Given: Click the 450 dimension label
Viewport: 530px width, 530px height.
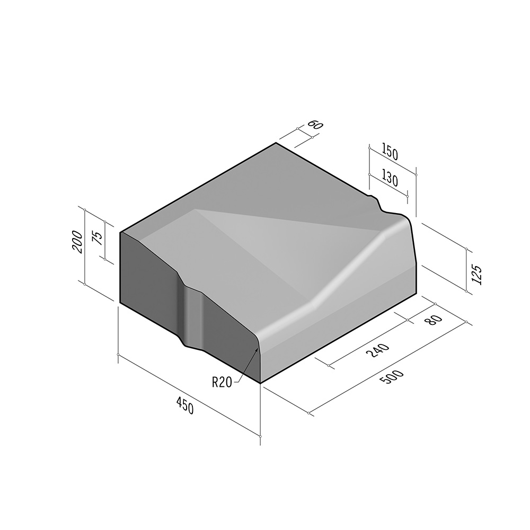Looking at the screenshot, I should pos(184,407).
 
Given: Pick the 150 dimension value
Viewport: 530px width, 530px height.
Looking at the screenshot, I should pos(389,153).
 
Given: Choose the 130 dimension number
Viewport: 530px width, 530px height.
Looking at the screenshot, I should pos(389,179).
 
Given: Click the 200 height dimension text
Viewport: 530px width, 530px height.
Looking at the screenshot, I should pos(77,242).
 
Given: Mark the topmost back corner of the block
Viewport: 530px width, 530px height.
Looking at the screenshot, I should pos(276,143).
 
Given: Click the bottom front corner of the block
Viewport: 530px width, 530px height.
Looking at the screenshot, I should pos(260,383).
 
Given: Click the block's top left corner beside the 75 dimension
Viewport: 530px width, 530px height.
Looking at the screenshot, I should pos(121,233).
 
